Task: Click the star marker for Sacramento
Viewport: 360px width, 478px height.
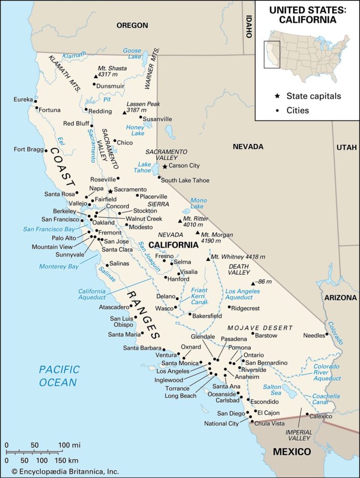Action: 110,191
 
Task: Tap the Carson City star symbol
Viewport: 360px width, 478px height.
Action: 165,167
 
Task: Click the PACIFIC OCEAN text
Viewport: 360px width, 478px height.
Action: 59,376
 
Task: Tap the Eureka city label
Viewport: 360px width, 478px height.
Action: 23,99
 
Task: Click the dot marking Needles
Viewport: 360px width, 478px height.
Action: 327,335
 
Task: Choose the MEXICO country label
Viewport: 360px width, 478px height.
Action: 292,452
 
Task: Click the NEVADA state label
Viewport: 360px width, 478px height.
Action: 248,147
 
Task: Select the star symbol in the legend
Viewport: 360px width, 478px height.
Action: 277,96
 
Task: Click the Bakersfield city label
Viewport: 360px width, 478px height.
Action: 208,315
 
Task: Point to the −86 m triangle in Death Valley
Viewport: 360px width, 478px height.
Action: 252,283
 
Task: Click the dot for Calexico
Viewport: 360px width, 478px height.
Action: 307,414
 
